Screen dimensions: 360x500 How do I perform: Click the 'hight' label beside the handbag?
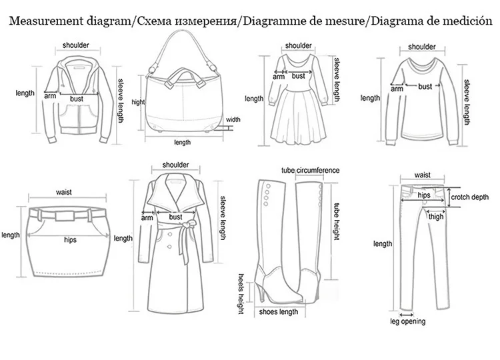(x=138, y=102)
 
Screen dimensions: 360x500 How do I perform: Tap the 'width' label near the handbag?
(x=233, y=120)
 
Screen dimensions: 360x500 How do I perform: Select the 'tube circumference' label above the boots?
(x=310, y=171)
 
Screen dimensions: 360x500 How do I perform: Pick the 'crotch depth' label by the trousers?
(x=469, y=197)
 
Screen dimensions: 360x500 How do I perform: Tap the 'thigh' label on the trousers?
(x=435, y=216)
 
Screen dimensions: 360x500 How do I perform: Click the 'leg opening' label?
(x=407, y=322)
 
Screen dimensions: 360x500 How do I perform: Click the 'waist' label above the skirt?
(x=64, y=192)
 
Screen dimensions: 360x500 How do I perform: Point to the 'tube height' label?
(x=337, y=221)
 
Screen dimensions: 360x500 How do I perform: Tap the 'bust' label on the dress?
(x=298, y=76)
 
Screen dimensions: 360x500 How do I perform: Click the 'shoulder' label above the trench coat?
(x=175, y=165)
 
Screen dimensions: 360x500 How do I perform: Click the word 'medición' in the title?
(x=465, y=21)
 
